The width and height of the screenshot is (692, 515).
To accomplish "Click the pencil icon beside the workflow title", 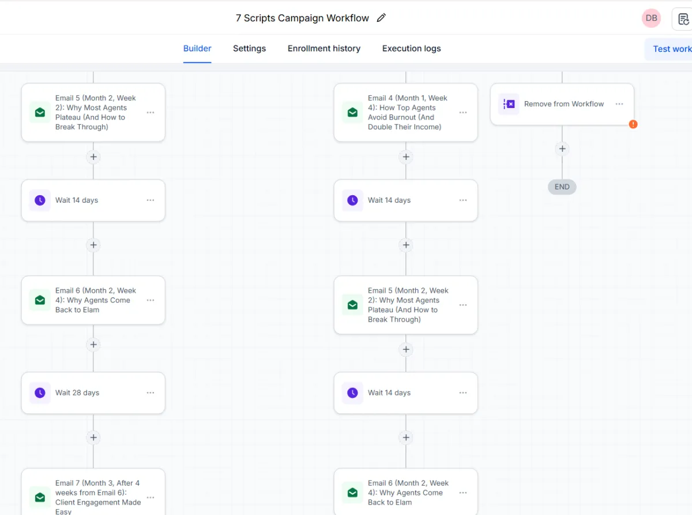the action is pos(381,18).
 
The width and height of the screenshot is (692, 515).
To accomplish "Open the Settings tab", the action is pos(249,48).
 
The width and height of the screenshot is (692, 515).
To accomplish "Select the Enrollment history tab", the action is pos(324,48).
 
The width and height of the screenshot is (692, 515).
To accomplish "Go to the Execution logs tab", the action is pos(411,48).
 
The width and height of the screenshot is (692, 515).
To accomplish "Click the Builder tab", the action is pos(197,48).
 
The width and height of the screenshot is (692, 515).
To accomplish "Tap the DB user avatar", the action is pos(651,18).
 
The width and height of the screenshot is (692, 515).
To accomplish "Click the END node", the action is pos(562,187).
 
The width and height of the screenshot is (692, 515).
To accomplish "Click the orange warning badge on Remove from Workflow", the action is pos(633,124).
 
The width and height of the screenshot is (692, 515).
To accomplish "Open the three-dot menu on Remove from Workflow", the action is pos(619,104).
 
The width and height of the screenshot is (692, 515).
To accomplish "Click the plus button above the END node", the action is pos(562,149).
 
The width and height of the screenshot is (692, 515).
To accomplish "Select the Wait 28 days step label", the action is pos(77,393).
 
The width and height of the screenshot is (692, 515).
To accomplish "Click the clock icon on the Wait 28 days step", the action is pos(40,393).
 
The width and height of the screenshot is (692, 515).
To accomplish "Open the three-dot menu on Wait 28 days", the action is pos(151,393).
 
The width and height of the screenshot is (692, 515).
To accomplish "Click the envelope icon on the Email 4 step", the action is pos(352,112).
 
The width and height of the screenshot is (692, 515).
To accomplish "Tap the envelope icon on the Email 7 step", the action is pos(40,497).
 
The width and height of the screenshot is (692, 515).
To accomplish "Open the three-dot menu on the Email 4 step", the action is pos(463,112).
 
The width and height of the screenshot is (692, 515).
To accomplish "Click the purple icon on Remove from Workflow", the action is pos(509,104).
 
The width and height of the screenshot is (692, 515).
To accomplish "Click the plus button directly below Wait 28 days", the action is pos(93,438).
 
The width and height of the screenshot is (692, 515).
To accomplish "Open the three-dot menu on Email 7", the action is pos(151,497).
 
